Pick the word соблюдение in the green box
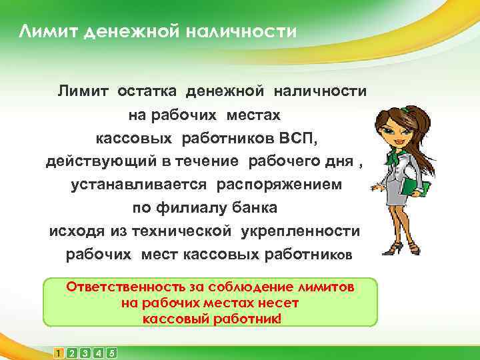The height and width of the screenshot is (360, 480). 262,287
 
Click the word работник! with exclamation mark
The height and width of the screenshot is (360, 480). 247,318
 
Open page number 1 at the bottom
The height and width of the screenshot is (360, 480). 59,352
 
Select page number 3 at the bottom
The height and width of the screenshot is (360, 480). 85,352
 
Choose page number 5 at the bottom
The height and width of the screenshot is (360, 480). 111,352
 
